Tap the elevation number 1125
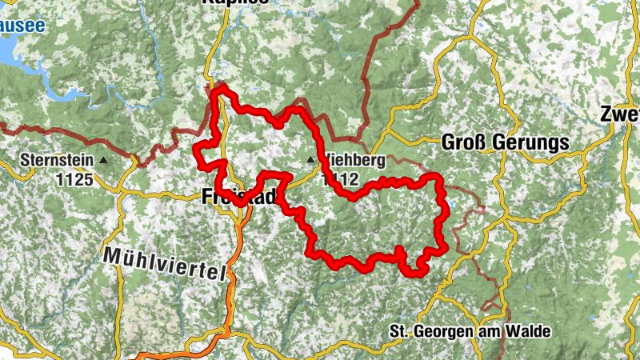75,178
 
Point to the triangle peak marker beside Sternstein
105,160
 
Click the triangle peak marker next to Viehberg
310,161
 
